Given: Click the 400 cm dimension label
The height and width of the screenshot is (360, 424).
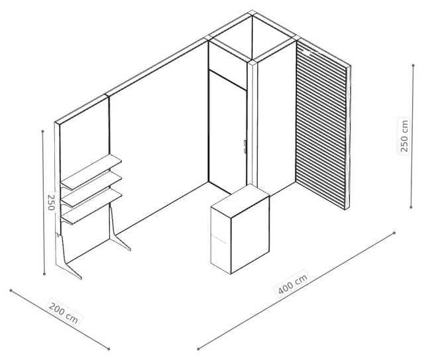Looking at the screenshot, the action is (293, 284).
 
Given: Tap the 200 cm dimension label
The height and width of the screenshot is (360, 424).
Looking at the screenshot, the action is (64, 312).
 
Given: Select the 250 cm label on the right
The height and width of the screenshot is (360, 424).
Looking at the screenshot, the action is (404, 136).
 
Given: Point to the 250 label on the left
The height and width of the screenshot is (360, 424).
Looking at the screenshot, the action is (51, 202).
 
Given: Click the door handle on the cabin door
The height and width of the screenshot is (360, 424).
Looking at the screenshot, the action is (244, 147).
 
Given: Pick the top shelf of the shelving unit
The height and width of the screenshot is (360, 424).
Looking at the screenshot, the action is (91, 172).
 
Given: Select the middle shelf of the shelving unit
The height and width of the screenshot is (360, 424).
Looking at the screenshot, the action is (91, 189).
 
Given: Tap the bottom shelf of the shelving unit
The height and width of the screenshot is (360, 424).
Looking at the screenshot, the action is (91, 206).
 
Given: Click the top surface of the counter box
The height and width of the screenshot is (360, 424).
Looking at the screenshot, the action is (240, 201).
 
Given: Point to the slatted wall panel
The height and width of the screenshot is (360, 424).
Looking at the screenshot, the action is (322, 123).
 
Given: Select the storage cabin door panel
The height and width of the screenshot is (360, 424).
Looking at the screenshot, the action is (228, 133).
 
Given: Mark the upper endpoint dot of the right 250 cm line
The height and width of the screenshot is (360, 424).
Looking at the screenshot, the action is (413, 66).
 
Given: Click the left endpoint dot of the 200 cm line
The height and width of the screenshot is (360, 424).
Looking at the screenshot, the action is (11, 290).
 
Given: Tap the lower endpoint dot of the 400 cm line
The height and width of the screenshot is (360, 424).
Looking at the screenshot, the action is (198, 349).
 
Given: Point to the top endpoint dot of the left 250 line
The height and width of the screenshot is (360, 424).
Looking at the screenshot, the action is (42, 131).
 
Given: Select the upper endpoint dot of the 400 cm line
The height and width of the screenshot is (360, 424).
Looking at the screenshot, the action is (394, 233).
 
